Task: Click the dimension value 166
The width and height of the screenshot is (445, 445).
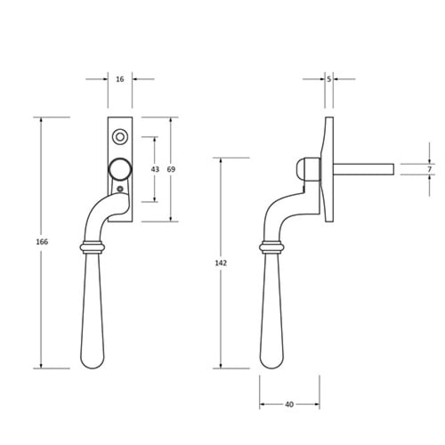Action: click(42, 242)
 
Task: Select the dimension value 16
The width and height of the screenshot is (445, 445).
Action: click(120, 79)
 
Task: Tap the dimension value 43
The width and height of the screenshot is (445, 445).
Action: click(155, 169)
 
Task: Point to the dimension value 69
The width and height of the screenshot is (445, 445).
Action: click(171, 169)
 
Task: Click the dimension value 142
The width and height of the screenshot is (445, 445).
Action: click(221, 263)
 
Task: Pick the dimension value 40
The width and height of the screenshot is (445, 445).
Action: click(289, 404)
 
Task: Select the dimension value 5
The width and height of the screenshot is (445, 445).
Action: click(329, 79)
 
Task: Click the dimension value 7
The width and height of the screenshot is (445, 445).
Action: click(429, 169)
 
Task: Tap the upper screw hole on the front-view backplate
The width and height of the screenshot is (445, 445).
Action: click(120, 137)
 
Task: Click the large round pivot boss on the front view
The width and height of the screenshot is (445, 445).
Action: click(120, 169)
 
